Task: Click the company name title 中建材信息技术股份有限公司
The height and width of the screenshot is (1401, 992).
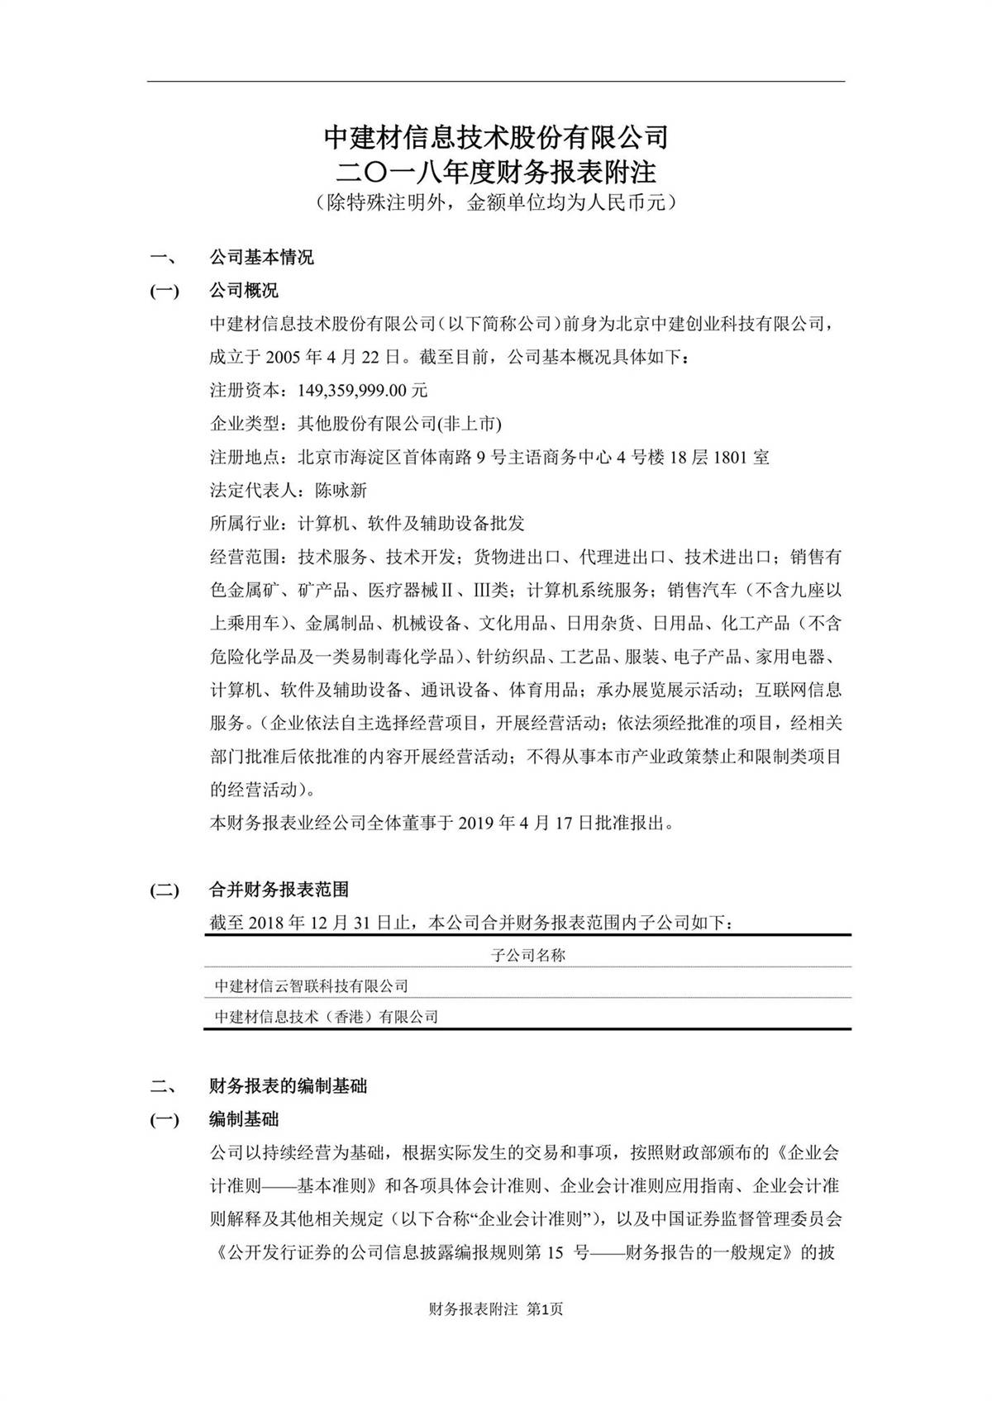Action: (495, 136)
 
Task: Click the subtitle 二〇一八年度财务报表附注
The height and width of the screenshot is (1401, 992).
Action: (495, 172)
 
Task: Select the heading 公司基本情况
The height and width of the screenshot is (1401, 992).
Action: (261, 258)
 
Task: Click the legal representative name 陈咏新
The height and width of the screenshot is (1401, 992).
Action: (341, 491)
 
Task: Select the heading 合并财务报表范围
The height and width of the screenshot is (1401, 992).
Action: (279, 890)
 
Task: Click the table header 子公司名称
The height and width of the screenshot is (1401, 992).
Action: (528, 956)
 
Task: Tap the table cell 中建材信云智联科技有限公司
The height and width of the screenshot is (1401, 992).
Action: (312, 986)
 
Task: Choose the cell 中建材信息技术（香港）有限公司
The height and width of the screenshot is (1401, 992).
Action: (327, 1017)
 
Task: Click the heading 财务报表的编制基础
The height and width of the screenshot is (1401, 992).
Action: (288, 1086)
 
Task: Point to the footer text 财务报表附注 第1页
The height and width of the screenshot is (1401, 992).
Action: (496, 1309)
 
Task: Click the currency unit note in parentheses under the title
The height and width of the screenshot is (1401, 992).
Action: (495, 203)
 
